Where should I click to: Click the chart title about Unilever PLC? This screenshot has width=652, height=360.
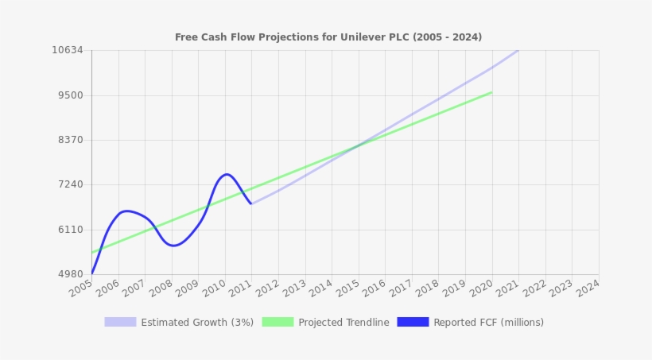(x=328, y=37)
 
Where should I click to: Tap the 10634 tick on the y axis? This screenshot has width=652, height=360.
(x=68, y=50)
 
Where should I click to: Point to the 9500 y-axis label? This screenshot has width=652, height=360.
(x=70, y=95)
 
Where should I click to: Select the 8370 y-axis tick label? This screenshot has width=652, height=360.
(x=70, y=140)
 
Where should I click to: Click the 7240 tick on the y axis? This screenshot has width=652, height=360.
(x=70, y=184)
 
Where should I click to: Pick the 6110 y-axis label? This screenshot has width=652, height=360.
(x=70, y=230)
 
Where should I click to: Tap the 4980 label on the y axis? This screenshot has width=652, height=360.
(x=70, y=274)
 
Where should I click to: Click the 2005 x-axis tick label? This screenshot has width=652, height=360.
(x=81, y=288)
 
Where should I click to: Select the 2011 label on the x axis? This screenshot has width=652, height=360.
(x=241, y=288)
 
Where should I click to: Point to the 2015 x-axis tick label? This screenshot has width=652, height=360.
(x=347, y=288)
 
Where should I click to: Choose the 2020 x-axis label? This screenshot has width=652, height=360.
(x=480, y=288)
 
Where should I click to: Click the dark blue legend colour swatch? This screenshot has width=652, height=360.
(x=413, y=322)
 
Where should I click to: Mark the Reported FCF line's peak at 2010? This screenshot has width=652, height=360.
(x=227, y=174)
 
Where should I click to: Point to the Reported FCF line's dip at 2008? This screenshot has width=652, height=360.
(x=173, y=246)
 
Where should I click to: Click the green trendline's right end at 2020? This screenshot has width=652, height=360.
(x=491, y=92)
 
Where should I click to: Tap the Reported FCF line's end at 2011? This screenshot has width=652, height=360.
(x=251, y=203)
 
